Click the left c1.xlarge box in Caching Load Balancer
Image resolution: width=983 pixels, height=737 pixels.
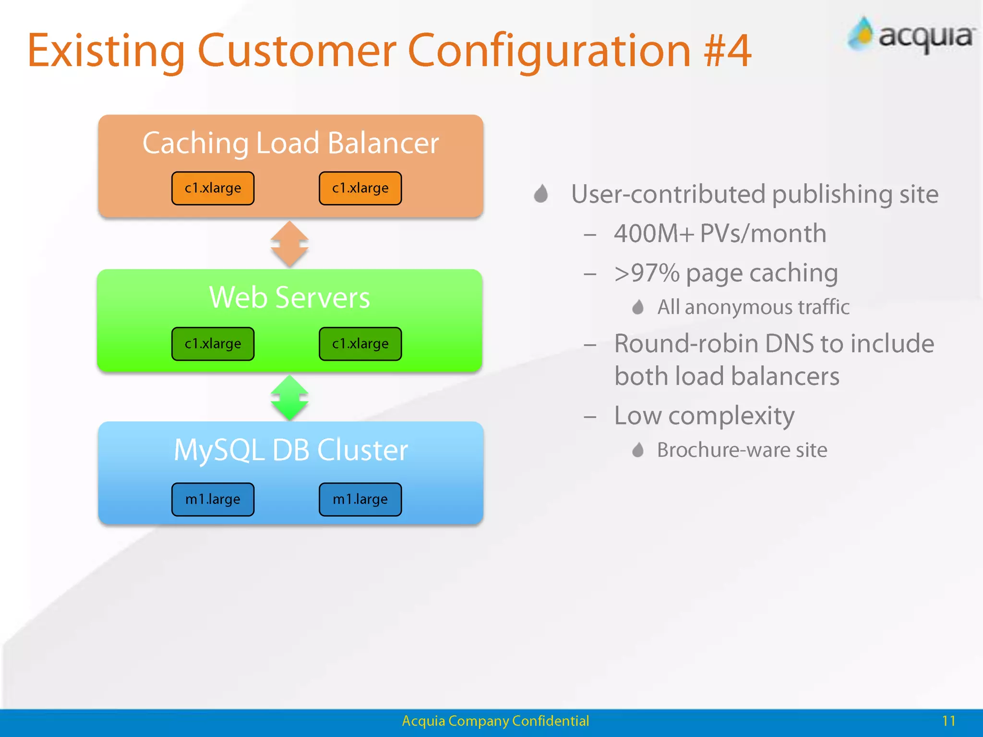click(x=213, y=188)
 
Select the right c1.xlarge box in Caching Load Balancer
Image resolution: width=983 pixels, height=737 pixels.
click(x=360, y=188)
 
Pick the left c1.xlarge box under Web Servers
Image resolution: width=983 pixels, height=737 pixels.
click(x=213, y=344)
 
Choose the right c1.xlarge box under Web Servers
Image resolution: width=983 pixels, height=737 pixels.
click(x=360, y=344)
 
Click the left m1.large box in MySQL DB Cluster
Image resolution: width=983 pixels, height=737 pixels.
click(x=213, y=499)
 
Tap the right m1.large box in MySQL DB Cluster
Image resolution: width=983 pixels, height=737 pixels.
click(x=360, y=499)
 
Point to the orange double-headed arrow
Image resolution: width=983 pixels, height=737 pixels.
click(x=289, y=244)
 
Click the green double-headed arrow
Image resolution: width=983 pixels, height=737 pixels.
click(x=289, y=398)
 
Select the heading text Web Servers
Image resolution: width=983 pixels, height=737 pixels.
click(x=289, y=297)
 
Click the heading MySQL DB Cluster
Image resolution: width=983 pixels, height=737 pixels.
click(x=290, y=450)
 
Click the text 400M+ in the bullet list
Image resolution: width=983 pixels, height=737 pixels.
click(x=654, y=234)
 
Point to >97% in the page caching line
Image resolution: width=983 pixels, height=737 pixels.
click(x=647, y=273)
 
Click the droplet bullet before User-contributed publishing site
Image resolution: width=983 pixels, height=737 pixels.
click(x=541, y=194)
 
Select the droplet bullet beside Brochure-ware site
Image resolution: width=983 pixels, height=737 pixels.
click(x=637, y=450)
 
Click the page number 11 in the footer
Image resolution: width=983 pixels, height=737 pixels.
click(x=948, y=721)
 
